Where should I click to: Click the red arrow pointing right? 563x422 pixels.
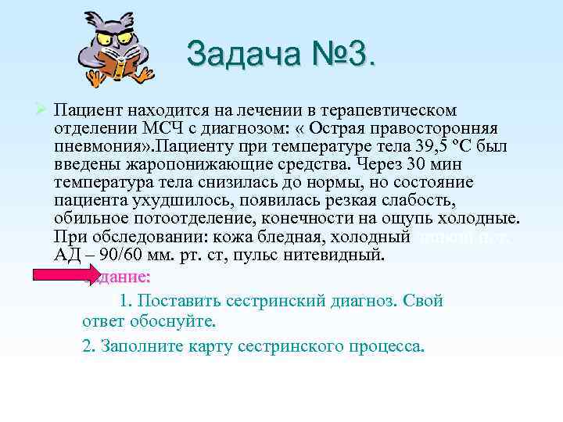61,276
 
